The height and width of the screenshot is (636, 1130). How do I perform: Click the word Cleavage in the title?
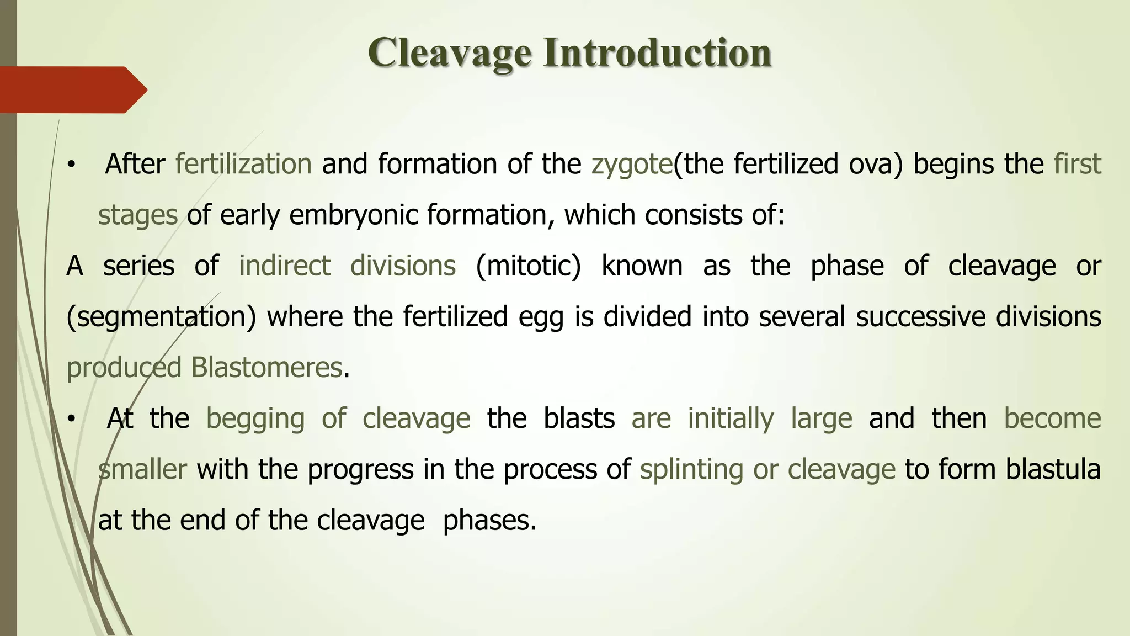[x=450, y=54]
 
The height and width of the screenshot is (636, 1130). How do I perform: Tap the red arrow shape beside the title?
[x=72, y=89]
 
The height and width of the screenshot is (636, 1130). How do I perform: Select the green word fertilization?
[x=243, y=164]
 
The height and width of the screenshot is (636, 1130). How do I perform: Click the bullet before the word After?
[x=70, y=165]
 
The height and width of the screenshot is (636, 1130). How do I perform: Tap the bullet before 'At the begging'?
[x=70, y=420]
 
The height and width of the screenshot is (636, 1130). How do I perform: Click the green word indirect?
[x=284, y=266]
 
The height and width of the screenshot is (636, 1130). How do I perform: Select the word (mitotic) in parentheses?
[x=528, y=266]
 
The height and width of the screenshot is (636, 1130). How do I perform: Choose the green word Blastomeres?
[x=266, y=368]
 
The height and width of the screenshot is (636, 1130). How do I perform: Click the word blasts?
[x=579, y=418]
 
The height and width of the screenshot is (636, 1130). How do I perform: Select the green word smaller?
[x=142, y=469]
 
